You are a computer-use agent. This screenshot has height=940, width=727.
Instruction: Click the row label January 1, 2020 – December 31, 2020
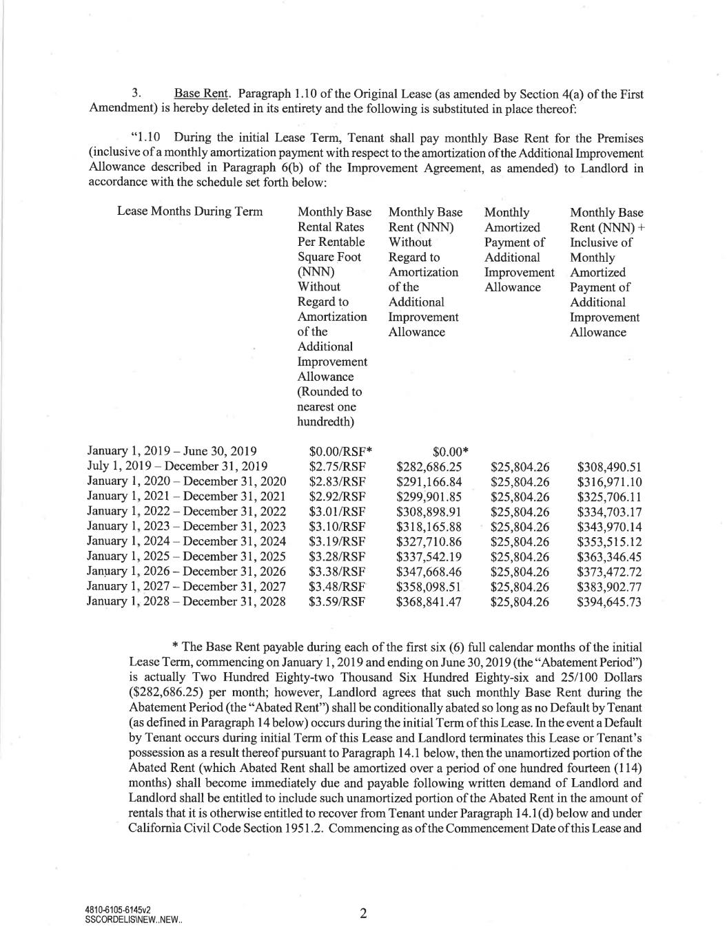coord(186,481)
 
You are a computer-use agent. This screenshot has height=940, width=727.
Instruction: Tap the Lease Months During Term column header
coord(190,211)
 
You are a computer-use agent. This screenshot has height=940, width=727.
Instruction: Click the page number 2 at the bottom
coord(362,914)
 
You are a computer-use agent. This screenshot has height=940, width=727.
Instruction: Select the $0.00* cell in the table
coord(451,452)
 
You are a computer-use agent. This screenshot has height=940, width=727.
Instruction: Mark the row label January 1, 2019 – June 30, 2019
coord(172,452)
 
